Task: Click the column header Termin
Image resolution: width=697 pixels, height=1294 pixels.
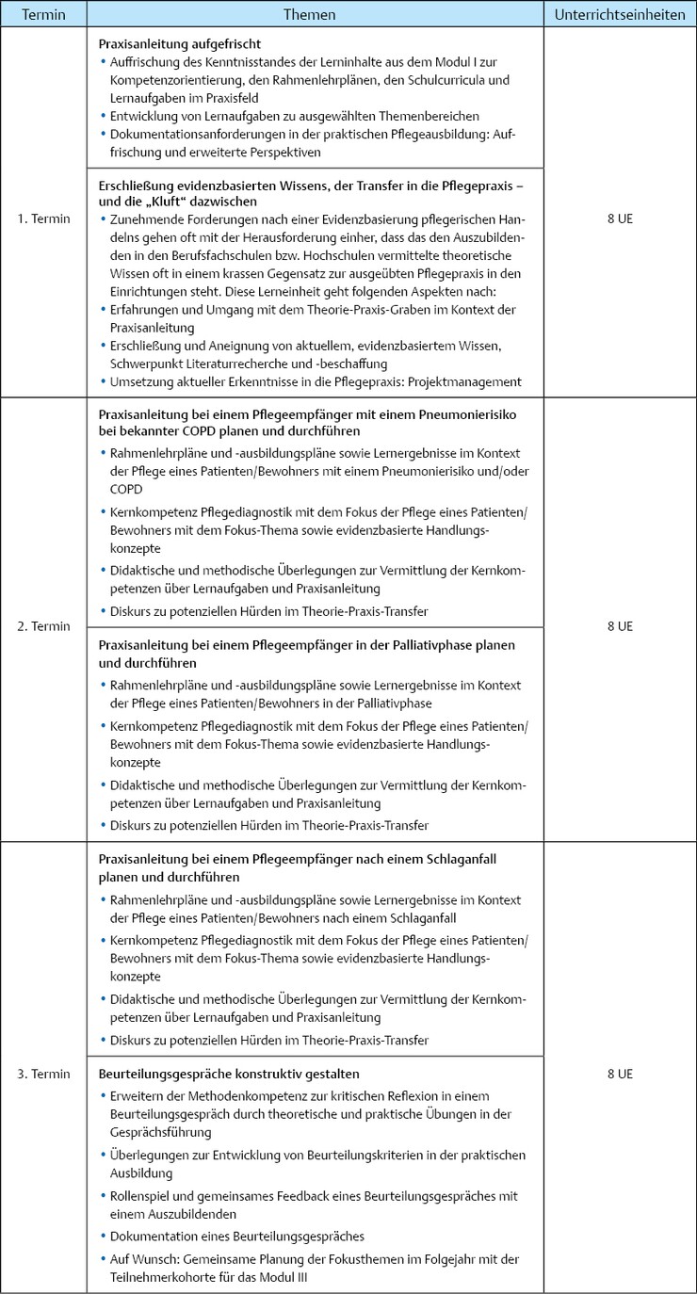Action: coord(43,15)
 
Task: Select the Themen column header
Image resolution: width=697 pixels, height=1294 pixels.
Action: coord(316,15)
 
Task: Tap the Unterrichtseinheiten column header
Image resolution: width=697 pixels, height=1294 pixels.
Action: coord(619,15)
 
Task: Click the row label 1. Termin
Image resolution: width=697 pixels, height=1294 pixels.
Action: coord(43,218)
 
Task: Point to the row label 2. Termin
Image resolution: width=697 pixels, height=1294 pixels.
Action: coord(43,626)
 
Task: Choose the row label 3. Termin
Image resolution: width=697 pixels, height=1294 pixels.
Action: coord(43,1073)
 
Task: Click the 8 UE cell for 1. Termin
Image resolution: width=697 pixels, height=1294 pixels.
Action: coord(619,218)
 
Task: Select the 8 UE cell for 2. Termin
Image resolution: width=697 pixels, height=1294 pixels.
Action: coord(619,626)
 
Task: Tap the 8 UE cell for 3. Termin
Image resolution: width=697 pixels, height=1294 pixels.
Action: coord(619,1073)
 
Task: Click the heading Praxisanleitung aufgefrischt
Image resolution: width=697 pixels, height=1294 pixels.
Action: coord(180,44)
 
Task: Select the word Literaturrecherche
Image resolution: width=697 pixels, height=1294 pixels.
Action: coord(255,364)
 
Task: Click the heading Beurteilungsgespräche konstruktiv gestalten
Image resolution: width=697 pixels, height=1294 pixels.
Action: coord(229,1074)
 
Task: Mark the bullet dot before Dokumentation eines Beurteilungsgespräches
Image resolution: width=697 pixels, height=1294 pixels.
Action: coord(103,1237)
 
